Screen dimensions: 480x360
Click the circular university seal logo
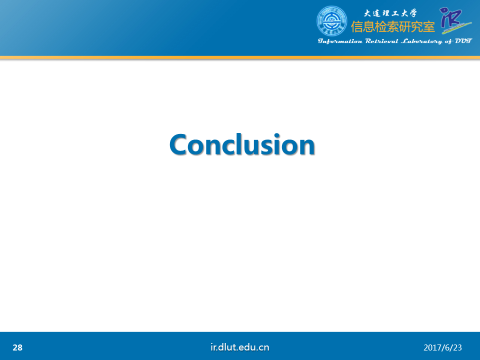pos(332,21)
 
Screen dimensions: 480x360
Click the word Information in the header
pos(340,41)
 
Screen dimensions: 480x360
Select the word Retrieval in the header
pos(381,41)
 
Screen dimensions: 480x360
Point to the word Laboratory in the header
pos(421,41)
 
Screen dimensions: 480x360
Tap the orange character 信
pos(356,27)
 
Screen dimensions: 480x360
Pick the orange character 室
pos(429,27)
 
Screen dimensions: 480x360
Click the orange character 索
pos(393,27)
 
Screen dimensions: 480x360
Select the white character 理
pos(385,13)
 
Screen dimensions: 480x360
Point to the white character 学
pos(412,13)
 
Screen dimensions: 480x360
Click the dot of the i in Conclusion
pos(277,134)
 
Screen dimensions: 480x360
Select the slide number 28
pos(17,347)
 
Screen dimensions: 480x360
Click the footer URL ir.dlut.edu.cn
pos(240,347)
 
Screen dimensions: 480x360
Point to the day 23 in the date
pos(457,347)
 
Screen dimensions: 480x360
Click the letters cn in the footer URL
pos(264,348)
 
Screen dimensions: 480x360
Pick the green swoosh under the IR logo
pos(456,28)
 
